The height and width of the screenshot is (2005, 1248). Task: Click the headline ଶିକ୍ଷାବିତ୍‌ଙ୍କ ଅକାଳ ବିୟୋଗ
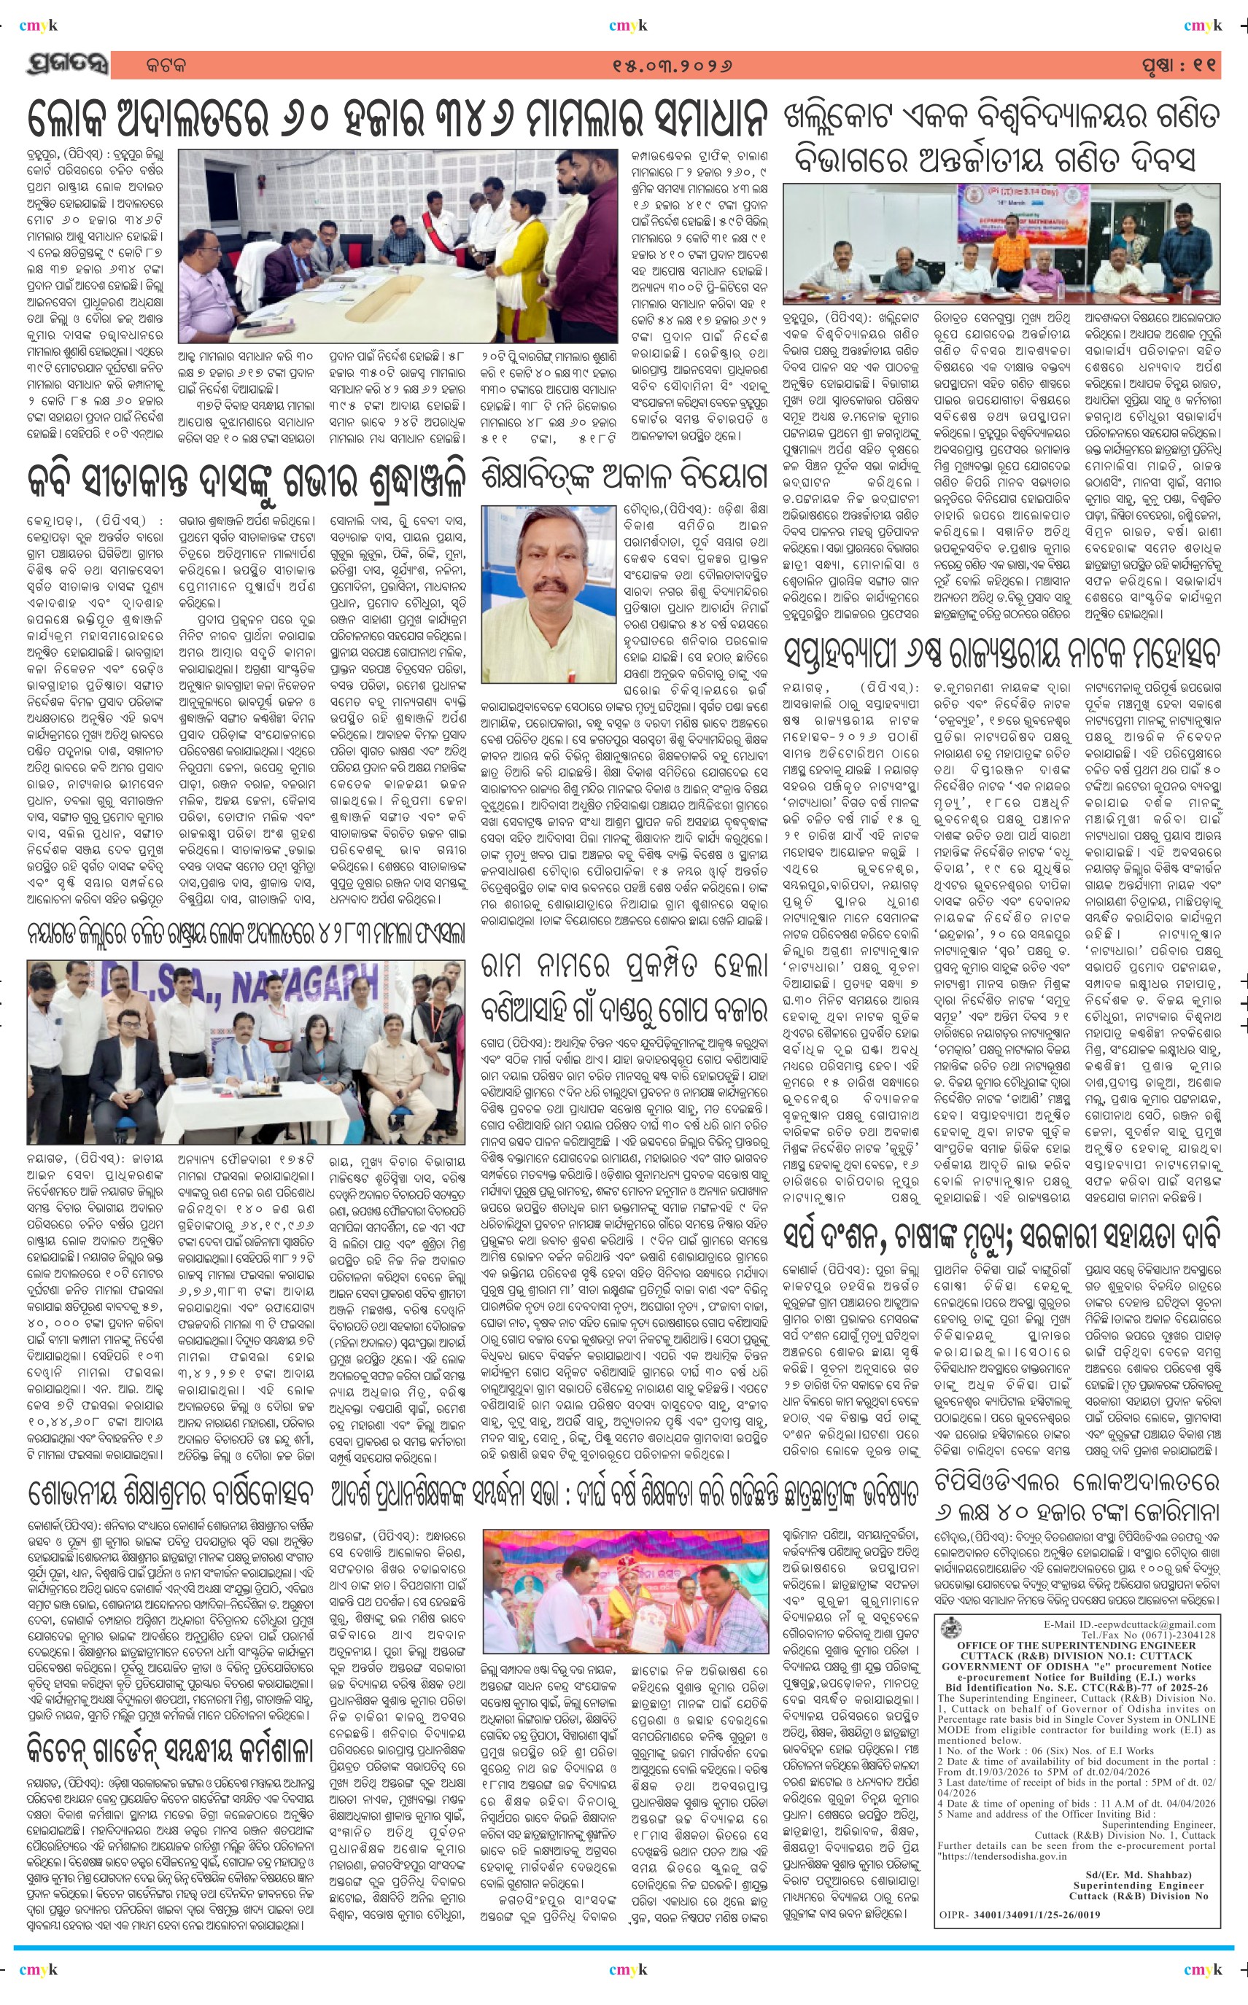[625, 475]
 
